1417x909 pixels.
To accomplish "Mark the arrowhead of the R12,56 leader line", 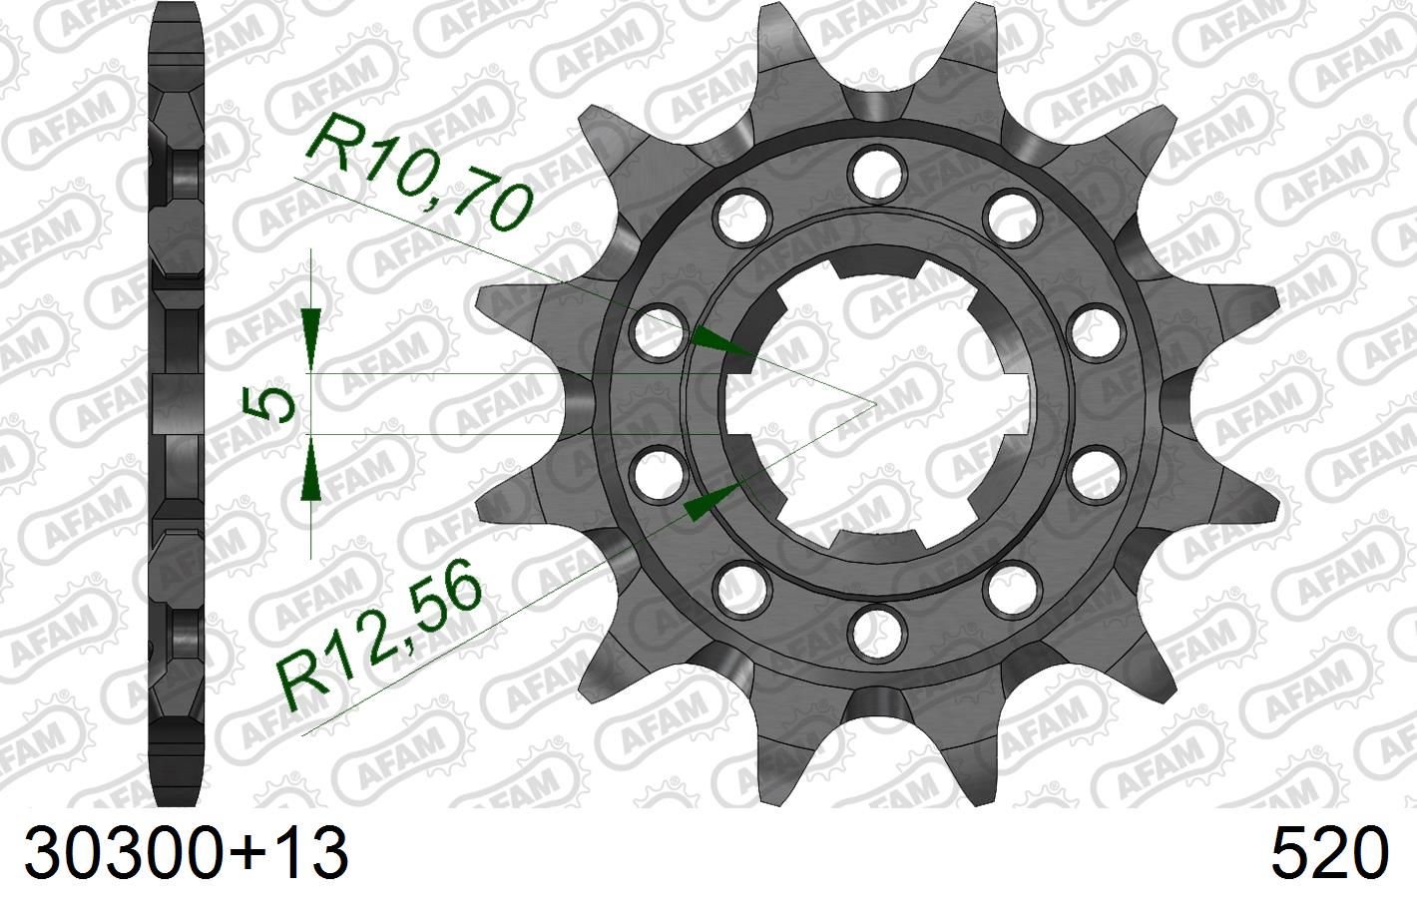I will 711,499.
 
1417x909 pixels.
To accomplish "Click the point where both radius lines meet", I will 875,402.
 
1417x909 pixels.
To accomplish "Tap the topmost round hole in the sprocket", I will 875,166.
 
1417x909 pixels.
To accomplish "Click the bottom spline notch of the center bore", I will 875,540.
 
